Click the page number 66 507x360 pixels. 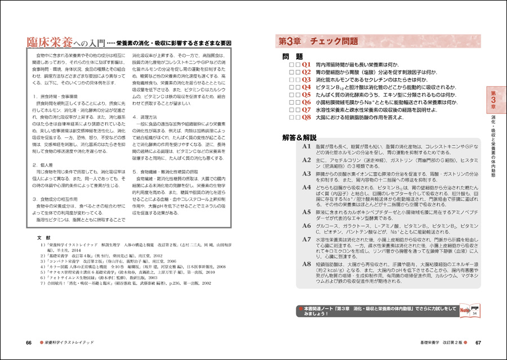coord(29,343)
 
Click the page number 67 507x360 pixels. coord(478,343)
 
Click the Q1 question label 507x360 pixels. coord(306,65)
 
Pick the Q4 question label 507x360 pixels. coord(306,87)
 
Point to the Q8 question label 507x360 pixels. coord(306,117)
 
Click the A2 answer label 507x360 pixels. coord(306,160)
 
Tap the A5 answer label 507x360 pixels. coord(306,212)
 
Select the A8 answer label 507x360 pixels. coord(306,264)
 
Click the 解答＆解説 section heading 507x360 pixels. coord(304,137)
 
